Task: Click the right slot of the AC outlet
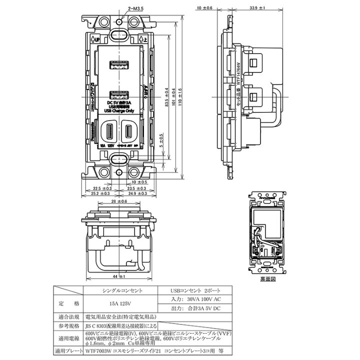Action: click(129, 131)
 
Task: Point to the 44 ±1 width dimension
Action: click(119, 276)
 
